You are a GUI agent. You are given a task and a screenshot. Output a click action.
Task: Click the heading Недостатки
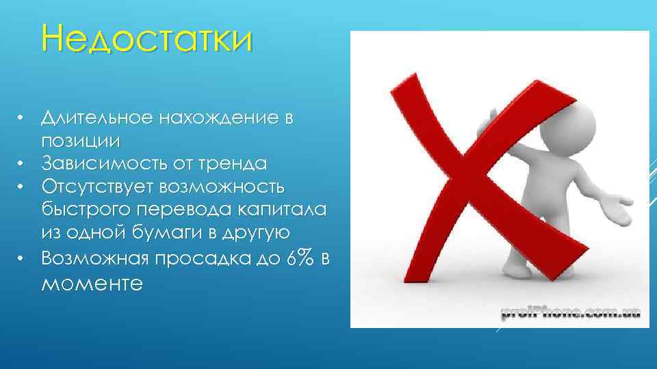[146, 39]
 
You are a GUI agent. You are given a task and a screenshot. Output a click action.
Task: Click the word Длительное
[95, 118]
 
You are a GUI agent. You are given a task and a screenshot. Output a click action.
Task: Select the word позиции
[81, 141]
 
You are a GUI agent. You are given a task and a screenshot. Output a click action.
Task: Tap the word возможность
[232, 187]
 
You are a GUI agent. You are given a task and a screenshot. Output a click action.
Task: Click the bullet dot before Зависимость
[22, 164]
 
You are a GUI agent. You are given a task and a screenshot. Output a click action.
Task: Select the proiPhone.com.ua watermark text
[569, 313]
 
